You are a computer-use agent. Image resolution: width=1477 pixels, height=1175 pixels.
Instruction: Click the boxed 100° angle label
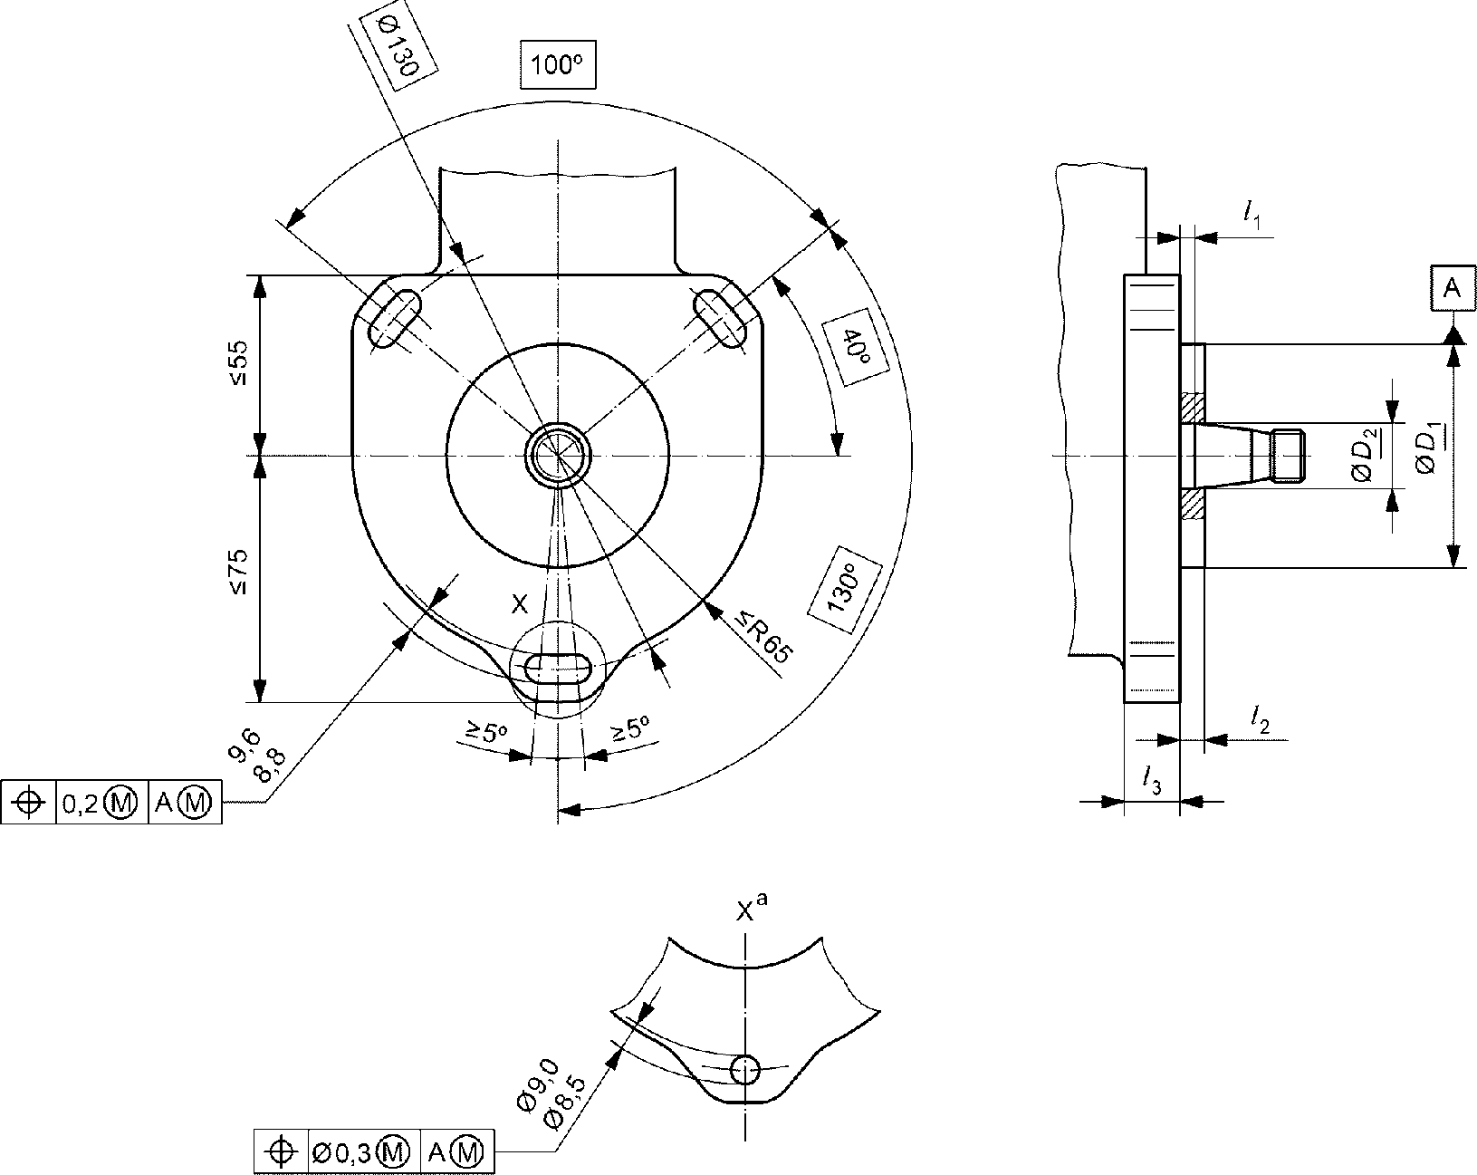coord(557,64)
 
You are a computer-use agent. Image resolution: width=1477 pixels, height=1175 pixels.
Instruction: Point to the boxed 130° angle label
coord(845,589)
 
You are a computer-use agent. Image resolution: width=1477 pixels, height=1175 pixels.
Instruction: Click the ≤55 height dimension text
coord(238,361)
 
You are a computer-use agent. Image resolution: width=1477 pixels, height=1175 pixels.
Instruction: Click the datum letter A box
coord(1452,287)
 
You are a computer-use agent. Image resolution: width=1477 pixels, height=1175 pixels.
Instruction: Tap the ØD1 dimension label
coord(1428,451)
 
